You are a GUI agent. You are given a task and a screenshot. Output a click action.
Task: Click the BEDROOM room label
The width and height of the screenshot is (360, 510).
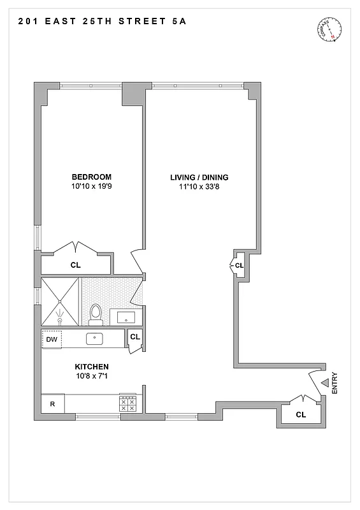[x=92, y=177]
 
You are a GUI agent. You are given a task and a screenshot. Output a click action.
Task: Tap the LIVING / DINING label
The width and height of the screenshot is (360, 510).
[x=199, y=177]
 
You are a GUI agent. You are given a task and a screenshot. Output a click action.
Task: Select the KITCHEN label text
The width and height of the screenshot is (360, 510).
[x=92, y=367]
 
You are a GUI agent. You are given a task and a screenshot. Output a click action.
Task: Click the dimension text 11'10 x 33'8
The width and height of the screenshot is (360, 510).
[x=199, y=187]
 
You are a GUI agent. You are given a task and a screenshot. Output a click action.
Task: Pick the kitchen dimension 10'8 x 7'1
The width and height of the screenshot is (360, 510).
[x=92, y=377]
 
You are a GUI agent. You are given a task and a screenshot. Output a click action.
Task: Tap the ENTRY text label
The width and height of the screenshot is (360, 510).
[x=335, y=382]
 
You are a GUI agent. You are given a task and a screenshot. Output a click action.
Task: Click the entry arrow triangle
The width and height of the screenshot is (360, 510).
[x=324, y=382]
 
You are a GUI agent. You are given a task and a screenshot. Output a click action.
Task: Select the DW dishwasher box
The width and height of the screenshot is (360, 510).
[x=52, y=339]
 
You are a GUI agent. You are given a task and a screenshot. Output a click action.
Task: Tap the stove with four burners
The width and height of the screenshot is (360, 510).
[x=127, y=404]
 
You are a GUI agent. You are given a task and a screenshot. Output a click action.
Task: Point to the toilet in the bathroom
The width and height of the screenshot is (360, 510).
[x=96, y=313]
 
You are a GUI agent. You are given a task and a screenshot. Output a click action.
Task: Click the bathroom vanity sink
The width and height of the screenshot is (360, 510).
[x=126, y=316]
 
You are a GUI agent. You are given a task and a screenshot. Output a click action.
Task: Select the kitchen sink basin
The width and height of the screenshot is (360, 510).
[x=95, y=339]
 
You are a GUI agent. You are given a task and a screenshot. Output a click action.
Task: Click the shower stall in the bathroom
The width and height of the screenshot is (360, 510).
[x=60, y=302]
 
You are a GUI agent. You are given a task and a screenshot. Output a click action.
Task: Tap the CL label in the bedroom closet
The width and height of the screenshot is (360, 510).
[x=75, y=264]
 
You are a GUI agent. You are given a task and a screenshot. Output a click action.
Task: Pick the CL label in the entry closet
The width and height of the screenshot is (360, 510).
[x=301, y=415]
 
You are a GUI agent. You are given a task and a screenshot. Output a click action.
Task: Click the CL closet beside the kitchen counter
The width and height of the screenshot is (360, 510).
[x=135, y=337]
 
